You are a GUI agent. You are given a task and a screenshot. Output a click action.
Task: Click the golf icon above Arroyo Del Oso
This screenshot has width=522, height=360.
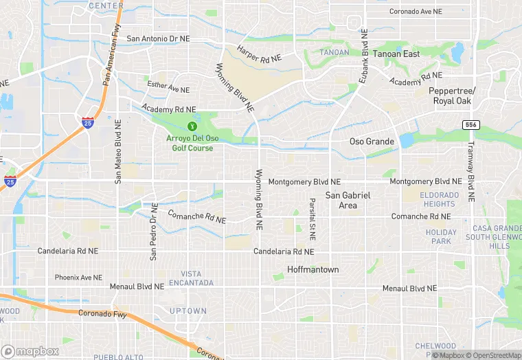(192, 126)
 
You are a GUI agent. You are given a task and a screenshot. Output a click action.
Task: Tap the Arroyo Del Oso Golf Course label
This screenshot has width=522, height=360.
(192, 143)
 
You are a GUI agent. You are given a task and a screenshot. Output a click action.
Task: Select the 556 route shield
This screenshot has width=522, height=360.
(470, 124)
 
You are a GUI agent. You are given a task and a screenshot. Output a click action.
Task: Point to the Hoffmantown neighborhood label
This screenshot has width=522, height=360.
(313, 269)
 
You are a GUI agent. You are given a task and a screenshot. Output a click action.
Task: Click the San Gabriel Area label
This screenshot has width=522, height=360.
(348, 200)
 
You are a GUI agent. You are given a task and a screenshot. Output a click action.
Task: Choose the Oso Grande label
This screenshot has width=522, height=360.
(372, 142)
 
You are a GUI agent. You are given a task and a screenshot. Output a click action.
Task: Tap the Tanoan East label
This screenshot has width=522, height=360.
(396, 54)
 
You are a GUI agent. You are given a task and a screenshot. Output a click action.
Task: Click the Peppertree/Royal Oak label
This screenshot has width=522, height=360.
(452, 95)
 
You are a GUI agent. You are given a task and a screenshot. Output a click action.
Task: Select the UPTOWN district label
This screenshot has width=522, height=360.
(188, 311)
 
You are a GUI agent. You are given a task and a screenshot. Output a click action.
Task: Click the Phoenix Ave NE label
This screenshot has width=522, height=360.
(79, 278)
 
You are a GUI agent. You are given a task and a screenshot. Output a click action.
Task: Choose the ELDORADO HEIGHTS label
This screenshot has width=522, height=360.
(438, 199)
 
